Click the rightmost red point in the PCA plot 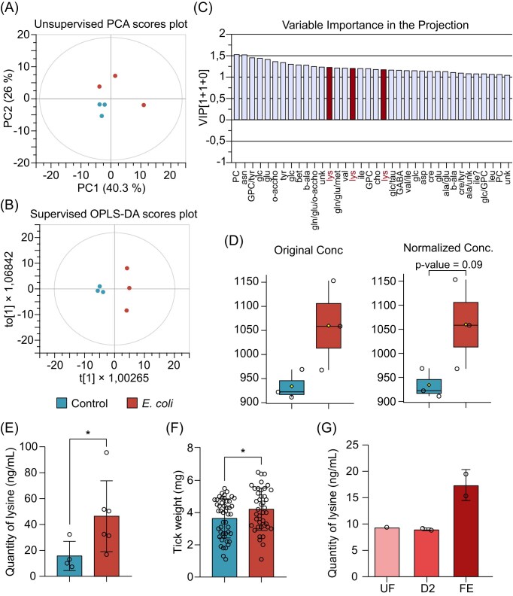[x=144, y=105]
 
